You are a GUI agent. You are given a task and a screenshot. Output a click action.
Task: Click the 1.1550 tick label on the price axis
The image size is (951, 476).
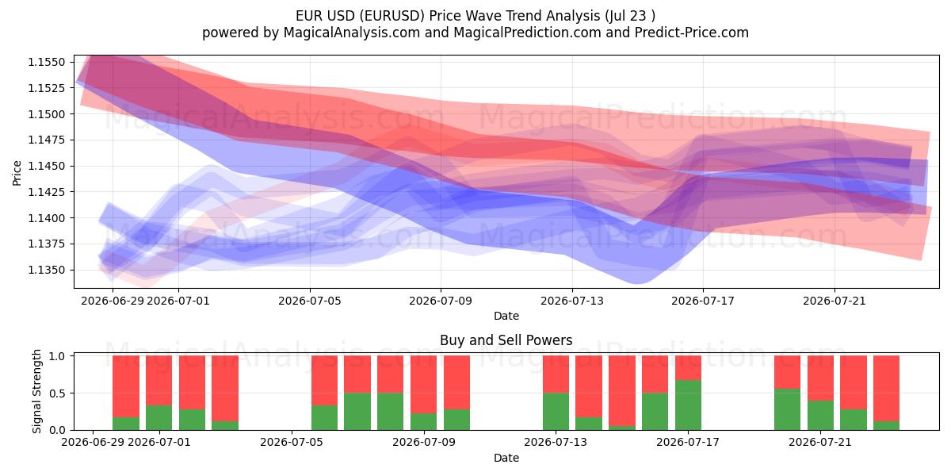click(46, 62)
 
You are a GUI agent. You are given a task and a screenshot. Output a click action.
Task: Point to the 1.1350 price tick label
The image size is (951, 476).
click(46, 270)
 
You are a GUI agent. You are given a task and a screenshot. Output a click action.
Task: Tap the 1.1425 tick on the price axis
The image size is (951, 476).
click(46, 192)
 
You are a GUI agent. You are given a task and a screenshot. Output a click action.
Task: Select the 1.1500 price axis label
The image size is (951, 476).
click(46, 114)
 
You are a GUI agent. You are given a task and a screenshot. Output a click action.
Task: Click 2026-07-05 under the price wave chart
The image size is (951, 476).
click(310, 301)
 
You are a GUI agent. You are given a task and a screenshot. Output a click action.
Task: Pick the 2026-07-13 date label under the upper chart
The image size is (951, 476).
click(572, 301)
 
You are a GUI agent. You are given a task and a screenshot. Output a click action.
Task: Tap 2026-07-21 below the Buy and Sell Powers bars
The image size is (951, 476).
click(820, 442)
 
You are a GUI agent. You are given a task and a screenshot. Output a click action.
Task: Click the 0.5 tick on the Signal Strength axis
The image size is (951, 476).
click(57, 393)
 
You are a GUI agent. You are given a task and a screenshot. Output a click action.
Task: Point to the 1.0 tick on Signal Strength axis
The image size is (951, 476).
click(57, 356)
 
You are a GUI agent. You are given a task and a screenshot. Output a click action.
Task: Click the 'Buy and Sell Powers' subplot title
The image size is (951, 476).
click(506, 340)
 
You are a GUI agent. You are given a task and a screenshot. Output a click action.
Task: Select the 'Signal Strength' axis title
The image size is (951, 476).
click(37, 391)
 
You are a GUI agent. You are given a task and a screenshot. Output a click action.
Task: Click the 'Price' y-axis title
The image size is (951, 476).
click(17, 173)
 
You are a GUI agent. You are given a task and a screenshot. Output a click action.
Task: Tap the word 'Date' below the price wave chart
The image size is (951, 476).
click(506, 316)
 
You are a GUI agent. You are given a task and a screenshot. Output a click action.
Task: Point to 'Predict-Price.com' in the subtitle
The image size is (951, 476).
click(692, 33)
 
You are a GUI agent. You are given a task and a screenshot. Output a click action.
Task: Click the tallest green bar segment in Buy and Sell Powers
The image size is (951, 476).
click(688, 405)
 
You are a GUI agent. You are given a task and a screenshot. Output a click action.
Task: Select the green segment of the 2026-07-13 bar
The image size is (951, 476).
click(556, 412)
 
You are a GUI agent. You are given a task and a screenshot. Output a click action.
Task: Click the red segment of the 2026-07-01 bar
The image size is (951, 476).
click(158, 380)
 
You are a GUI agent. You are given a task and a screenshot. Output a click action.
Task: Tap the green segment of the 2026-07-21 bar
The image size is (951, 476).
click(820, 415)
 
